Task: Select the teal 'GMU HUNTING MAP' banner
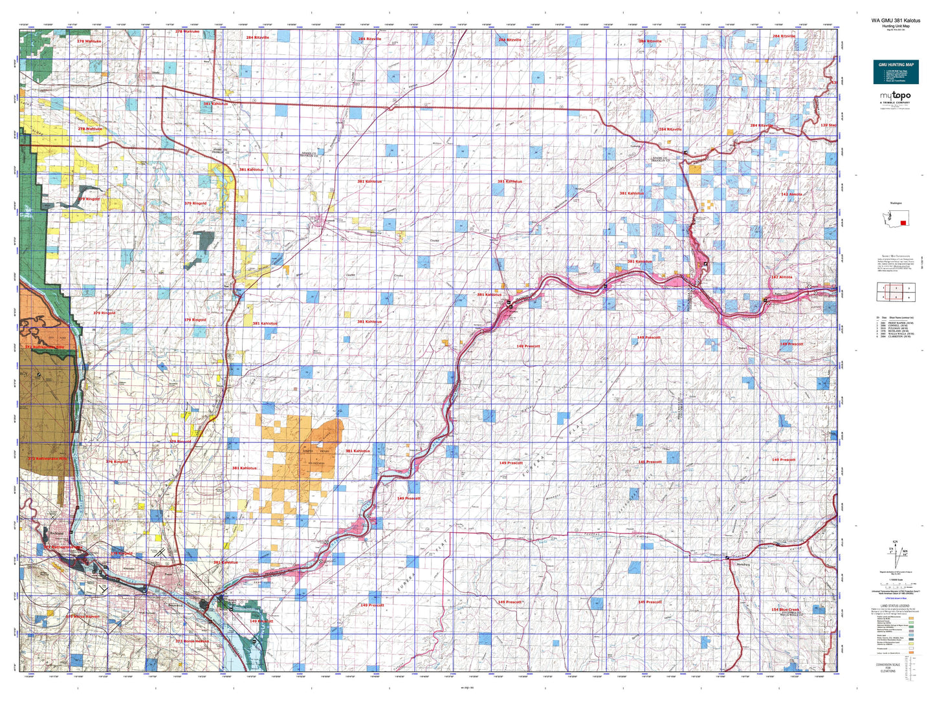[896, 65]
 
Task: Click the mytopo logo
[895, 96]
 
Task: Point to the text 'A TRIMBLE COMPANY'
[895, 102]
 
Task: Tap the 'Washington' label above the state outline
[895, 203]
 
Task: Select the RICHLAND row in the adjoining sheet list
[896, 330]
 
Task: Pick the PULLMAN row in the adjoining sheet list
[896, 327]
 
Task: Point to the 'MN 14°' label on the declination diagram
[904, 552]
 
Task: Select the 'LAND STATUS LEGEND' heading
[895, 606]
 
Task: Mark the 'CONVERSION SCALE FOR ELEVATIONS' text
[895, 667]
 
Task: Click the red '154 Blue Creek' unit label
[785, 610]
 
